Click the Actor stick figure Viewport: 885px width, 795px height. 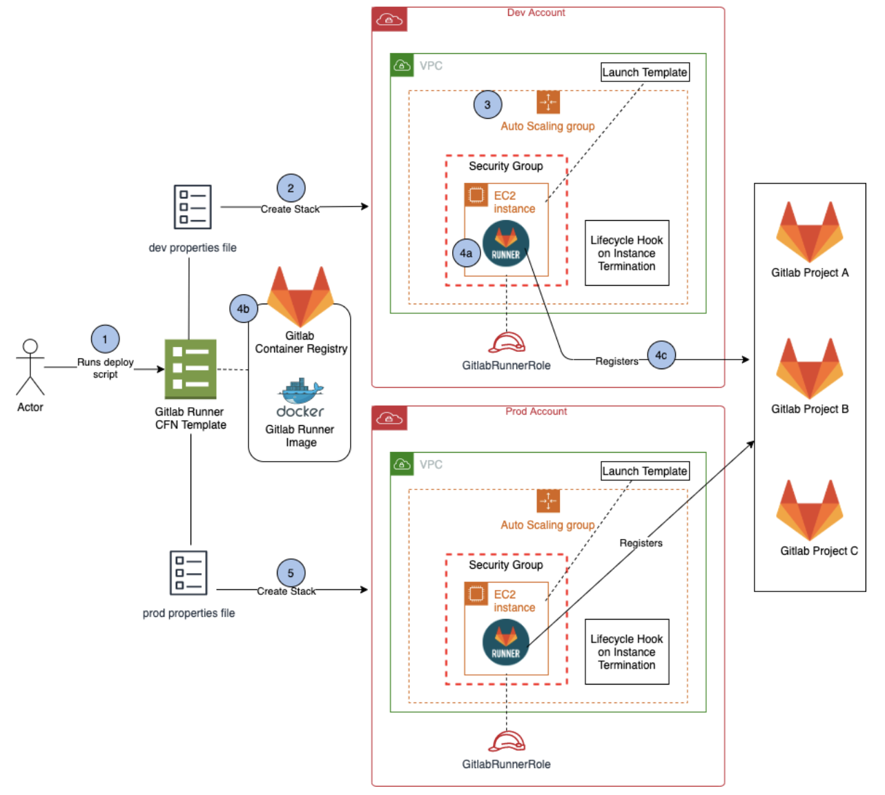click(30, 366)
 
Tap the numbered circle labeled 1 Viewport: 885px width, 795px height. click(105, 339)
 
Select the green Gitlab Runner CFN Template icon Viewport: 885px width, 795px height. click(191, 369)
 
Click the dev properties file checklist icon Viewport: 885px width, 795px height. click(193, 207)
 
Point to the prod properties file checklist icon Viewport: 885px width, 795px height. click(188, 573)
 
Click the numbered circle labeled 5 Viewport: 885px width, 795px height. click(291, 573)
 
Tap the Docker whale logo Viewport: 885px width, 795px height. click(301, 392)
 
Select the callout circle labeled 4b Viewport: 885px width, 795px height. click(243, 308)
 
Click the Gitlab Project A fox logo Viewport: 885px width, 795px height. click(809, 232)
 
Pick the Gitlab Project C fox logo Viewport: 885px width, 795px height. click(809, 510)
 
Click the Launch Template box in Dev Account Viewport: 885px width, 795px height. click(645, 72)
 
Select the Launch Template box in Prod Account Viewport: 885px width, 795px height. click(645, 471)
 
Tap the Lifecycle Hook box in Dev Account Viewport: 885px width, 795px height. click(627, 253)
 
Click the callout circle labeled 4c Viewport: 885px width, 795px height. click(661, 355)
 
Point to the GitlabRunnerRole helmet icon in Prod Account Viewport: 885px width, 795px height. click(507, 741)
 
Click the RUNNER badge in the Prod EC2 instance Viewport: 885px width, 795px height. click(506, 642)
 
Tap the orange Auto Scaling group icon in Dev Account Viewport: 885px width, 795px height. click(548, 102)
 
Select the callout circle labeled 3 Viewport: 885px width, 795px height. click(487, 105)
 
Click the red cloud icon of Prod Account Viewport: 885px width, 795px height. click(389, 418)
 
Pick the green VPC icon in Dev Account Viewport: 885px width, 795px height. click(402, 66)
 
